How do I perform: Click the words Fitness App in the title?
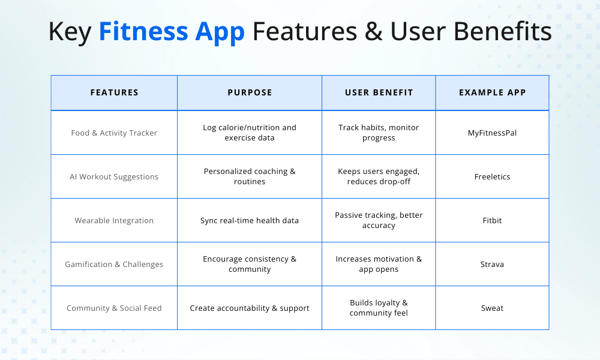pos(172,31)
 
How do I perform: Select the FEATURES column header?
pos(114,92)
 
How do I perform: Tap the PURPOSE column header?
pos(250,92)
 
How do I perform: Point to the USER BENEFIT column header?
pos(379,92)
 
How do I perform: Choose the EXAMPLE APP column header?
pos(492,92)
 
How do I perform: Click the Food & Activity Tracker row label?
pos(114,133)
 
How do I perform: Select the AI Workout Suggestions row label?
pos(114,176)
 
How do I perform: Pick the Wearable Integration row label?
pos(114,220)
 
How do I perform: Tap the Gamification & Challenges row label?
pos(114,264)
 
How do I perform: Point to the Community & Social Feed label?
pos(114,308)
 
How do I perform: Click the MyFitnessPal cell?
pos(492,133)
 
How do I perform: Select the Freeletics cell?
pos(492,176)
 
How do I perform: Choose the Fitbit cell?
pos(492,220)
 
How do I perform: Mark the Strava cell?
pos(492,264)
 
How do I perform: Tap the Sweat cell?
pos(492,308)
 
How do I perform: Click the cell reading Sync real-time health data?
pos(250,220)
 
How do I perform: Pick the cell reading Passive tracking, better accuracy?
pos(379,220)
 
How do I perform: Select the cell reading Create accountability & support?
pos(250,308)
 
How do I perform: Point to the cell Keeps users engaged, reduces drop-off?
pos(379,176)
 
